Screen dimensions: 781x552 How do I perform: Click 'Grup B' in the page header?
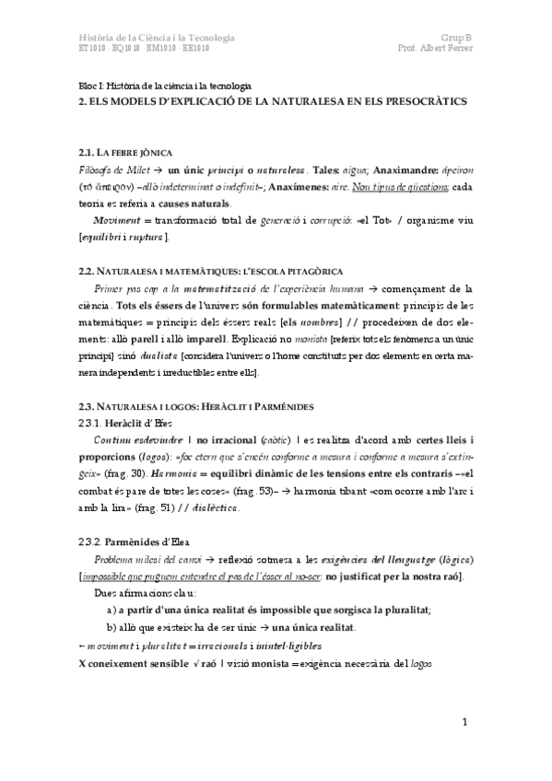click(458, 38)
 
